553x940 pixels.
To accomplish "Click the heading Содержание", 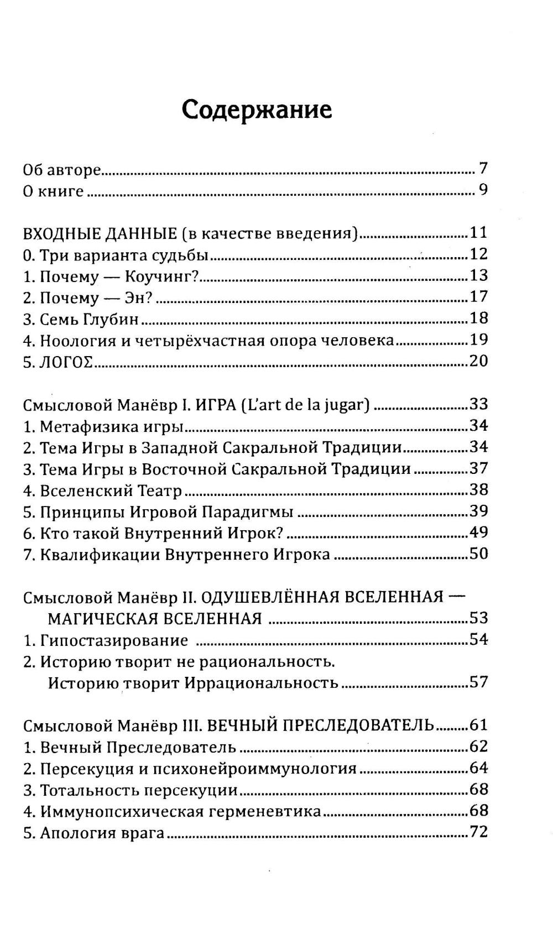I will [257, 110].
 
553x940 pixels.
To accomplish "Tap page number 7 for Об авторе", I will [483, 169].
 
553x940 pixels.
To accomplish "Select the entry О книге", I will [53, 191].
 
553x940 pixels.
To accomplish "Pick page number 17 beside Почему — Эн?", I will [478, 297].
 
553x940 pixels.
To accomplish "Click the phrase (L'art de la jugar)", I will [305, 405].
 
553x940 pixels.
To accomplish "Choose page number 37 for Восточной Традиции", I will [478, 469].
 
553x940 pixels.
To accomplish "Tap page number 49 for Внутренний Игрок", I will [478, 533].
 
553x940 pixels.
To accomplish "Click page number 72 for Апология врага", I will [478, 832].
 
